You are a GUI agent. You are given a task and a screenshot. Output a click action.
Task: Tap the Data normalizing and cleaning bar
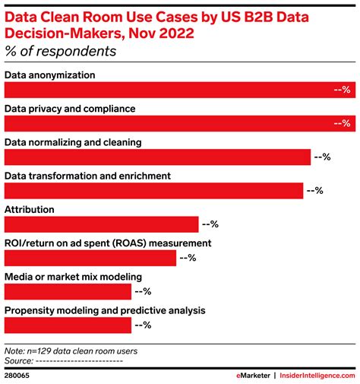tap(158, 157)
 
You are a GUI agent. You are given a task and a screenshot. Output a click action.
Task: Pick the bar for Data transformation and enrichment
tap(154, 191)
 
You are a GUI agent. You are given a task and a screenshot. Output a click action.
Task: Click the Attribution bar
tap(102, 224)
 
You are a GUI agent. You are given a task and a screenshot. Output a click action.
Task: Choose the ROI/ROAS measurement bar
tap(90, 258)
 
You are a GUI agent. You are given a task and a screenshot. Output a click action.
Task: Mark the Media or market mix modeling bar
tap(68, 291)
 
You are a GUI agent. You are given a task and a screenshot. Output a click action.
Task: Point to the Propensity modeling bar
tap(68, 325)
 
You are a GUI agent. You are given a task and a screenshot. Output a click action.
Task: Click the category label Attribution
tap(29, 209)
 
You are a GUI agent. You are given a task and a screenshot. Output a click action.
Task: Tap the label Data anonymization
tap(50, 75)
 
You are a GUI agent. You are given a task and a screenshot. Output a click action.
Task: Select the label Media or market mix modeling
tap(73, 276)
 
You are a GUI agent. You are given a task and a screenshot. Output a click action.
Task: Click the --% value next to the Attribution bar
tap(210, 224)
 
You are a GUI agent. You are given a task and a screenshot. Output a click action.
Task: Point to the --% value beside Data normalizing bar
tap(322, 157)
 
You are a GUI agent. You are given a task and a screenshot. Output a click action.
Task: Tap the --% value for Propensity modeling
tap(143, 325)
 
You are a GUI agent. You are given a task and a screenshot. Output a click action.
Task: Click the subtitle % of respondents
tap(61, 52)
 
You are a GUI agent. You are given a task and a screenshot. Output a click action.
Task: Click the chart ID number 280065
tap(20, 375)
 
